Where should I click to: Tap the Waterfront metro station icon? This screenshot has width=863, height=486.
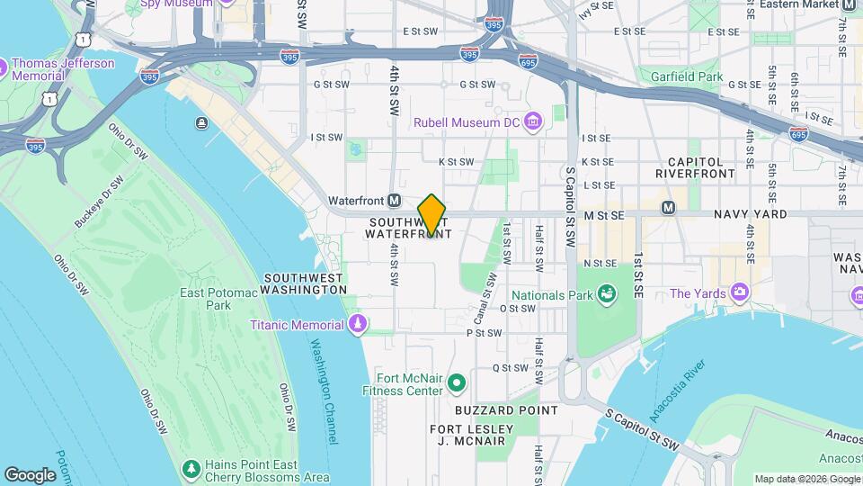coord(394,200)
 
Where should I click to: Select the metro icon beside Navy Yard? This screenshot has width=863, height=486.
coord(668,208)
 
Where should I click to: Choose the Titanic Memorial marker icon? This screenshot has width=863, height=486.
coord(358,324)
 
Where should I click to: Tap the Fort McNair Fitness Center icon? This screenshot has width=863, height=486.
coord(457,383)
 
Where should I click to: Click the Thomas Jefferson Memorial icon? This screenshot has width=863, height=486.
coord(2,67)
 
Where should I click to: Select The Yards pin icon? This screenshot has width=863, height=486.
coord(740,292)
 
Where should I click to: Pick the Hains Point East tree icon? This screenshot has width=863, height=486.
coord(191,469)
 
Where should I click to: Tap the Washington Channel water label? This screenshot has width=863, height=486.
coord(324,391)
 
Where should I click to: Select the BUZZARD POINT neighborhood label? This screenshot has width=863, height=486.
coord(494,409)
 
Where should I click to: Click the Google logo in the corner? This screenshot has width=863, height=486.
coord(31,474)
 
